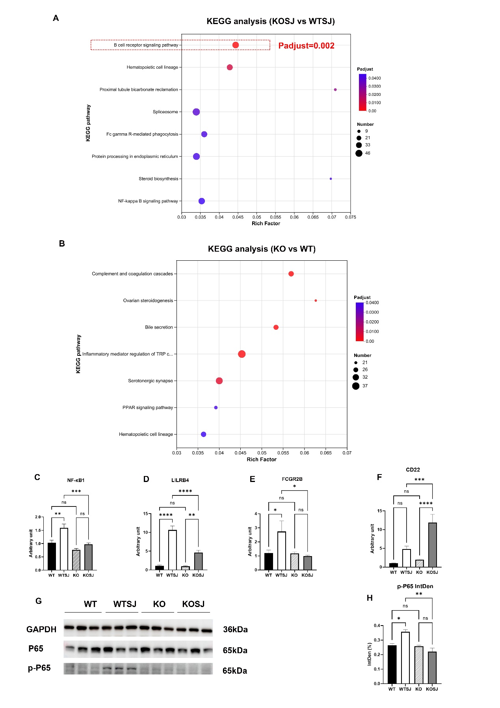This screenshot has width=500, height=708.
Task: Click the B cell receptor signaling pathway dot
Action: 236,45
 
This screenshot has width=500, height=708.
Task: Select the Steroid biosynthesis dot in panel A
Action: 331,179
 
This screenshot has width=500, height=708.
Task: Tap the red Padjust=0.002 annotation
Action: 306,46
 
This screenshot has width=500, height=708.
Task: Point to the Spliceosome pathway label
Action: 165,112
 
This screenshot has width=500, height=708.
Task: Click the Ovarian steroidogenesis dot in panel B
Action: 316,301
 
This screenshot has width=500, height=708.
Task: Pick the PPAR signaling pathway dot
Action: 216,407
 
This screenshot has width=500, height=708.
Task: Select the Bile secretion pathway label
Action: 159,327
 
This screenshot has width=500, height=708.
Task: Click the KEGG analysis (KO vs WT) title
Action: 262,249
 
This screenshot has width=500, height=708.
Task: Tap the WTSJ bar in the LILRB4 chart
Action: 172,550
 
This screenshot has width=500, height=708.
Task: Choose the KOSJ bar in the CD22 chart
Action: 432,545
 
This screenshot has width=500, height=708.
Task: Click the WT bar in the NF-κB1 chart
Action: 52,556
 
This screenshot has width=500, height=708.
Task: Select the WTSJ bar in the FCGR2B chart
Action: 281,551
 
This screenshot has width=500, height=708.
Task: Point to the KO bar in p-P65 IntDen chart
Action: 419,665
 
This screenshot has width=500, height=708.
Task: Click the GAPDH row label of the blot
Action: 41,630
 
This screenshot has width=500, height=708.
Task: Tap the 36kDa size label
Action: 235,630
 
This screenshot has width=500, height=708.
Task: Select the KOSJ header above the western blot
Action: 193,604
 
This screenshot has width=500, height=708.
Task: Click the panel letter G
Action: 39,601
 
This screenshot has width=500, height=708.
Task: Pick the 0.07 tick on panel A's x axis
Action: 332,217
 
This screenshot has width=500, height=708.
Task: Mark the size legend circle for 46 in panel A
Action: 359,153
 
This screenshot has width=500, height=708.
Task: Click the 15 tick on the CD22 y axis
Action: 380,511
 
